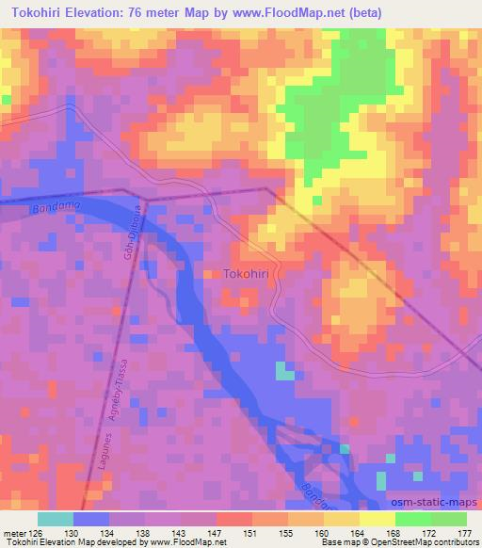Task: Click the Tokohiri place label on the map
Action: pyautogui.click(x=250, y=274)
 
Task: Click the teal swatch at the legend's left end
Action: pyautogui.click(x=56, y=518)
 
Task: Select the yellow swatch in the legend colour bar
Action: pyautogui.click(x=378, y=518)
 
